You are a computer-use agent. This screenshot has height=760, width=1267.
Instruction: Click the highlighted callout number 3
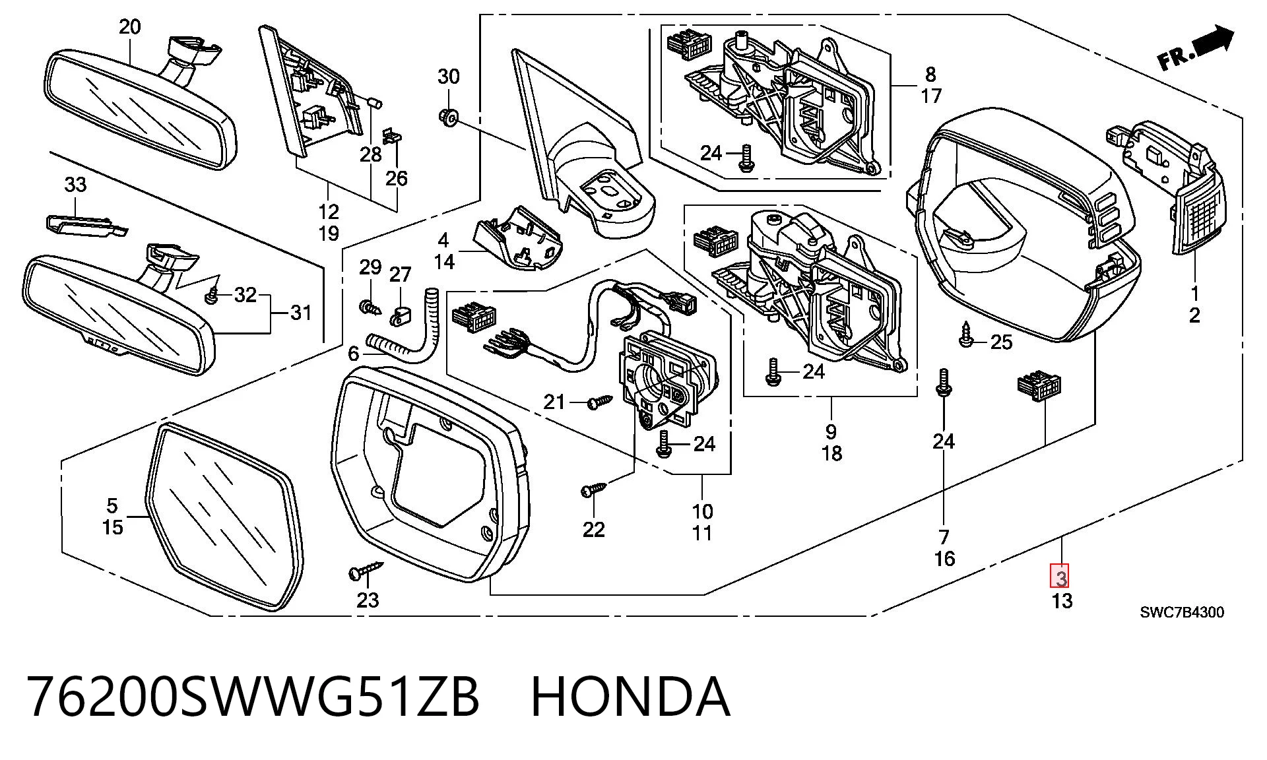(1060, 579)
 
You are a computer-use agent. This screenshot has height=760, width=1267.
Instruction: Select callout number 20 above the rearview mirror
(130, 27)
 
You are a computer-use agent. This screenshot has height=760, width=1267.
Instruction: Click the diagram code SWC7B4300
(1182, 612)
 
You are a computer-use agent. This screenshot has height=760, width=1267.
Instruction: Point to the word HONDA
(630, 697)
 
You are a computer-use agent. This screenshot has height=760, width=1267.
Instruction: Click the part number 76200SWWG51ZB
(253, 697)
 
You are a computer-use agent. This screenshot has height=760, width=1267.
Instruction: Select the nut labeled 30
(449, 118)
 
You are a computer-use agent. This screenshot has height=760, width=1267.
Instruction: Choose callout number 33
(76, 185)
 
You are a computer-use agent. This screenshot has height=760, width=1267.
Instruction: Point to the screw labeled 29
(369, 307)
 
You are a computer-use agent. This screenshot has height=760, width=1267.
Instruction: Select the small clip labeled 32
(213, 296)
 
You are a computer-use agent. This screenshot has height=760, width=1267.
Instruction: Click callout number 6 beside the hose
(354, 354)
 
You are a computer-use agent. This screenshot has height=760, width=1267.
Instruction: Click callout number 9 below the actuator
(830, 432)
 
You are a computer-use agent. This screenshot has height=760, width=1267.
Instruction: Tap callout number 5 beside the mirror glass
(112, 506)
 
